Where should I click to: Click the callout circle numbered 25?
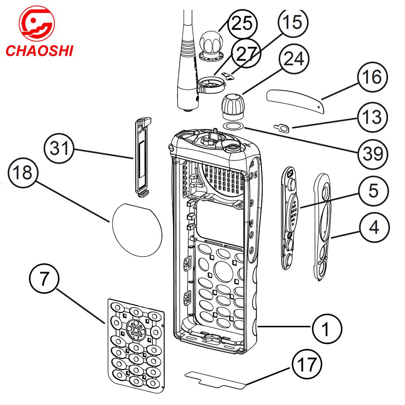tap(242, 24)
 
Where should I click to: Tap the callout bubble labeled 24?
tap(294, 59)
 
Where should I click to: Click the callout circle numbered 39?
tap(373, 154)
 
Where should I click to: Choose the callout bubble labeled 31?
tap(59, 149)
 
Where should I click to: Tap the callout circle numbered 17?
tap(307, 364)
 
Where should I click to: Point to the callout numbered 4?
tap(374, 228)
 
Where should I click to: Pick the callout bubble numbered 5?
tap(373, 191)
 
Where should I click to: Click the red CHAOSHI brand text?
tap(39, 50)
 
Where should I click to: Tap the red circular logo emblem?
tap(36, 25)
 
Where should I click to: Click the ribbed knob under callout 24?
tap(233, 105)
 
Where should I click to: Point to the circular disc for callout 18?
tap(136, 230)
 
